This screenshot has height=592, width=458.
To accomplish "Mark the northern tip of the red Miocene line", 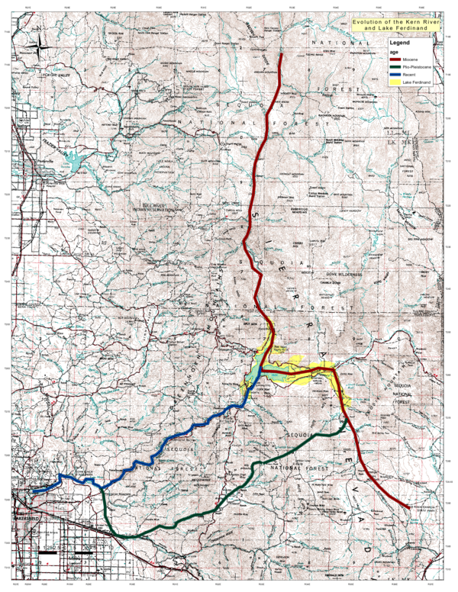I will pos(282,55).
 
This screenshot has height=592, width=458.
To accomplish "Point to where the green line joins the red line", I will pos(348,417).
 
